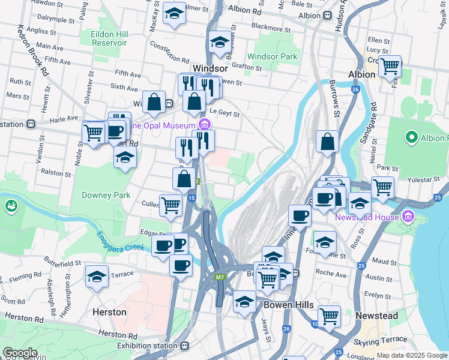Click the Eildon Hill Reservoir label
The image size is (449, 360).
tap(109, 39)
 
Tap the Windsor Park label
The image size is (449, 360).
tap(273, 57)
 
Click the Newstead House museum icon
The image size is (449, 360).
tap(409, 216)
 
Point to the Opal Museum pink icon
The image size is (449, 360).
tap(205, 124)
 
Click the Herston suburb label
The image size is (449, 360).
tap(109, 312)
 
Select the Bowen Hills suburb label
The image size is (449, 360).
tap(289, 305)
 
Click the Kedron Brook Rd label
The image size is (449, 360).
tap(33, 50)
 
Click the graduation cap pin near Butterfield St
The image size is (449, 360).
tap(97, 277)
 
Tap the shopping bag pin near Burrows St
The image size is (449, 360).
tap(328, 143)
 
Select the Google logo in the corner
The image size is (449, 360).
tap(20, 353)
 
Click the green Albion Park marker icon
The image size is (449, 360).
tap(411, 138)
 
